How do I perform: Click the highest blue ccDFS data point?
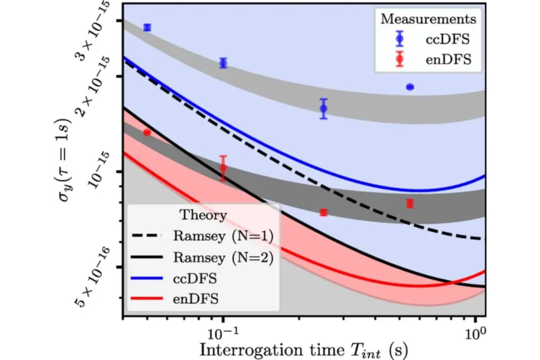point(147,27)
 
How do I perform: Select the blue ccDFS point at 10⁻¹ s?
point(223,63)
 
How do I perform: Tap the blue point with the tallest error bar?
point(324,108)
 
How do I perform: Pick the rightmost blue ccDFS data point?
point(410,87)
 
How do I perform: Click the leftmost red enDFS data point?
point(147,132)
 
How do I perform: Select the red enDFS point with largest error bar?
point(223,168)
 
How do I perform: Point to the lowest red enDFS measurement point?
point(324,212)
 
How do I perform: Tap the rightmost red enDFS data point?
point(410,203)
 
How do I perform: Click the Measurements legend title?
point(428,19)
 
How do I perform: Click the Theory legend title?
point(203,215)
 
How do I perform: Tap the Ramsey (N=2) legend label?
point(223,257)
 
